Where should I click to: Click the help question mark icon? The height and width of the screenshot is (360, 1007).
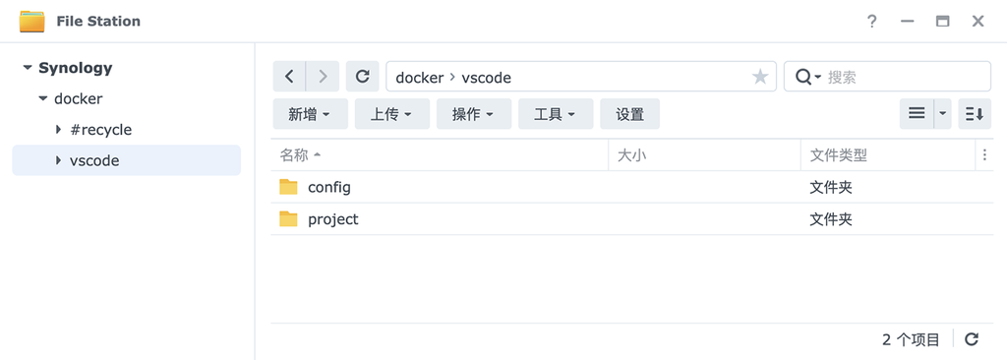pyautogui.click(x=871, y=21)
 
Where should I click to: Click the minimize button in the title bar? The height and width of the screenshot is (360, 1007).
pyautogui.click(x=907, y=21)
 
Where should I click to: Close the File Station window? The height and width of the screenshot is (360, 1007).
pyautogui.click(x=977, y=21)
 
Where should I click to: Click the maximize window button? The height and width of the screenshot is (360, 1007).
pyautogui.click(x=942, y=21)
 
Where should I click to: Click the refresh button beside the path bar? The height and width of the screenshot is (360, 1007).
pyautogui.click(x=362, y=77)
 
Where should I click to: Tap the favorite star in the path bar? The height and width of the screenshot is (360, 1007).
pyautogui.click(x=759, y=77)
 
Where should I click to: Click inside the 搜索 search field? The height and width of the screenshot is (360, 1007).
pyautogui.click(x=905, y=77)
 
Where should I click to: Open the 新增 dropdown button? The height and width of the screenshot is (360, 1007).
pyautogui.click(x=309, y=114)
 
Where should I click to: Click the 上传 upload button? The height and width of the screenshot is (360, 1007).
pyautogui.click(x=391, y=114)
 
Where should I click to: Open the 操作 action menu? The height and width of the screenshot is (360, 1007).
pyautogui.click(x=473, y=114)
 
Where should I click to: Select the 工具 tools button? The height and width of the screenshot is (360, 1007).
pyautogui.click(x=555, y=114)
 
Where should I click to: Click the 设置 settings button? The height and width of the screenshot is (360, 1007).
pyautogui.click(x=629, y=114)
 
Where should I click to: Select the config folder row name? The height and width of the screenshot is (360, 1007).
pyautogui.click(x=328, y=187)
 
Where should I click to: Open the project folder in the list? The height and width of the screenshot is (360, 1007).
pyautogui.click(x=332, y=219)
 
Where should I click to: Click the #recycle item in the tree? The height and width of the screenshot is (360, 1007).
pyautogui.click(x=100, y=130)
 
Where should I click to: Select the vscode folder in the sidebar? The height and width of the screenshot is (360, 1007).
pyautogui.click(x=94, y=160)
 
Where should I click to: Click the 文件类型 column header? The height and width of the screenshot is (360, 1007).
pyautogui.click(x=838, y=155)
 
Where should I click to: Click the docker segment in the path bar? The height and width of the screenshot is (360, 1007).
pyautogui.click(x=419, y=77)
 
